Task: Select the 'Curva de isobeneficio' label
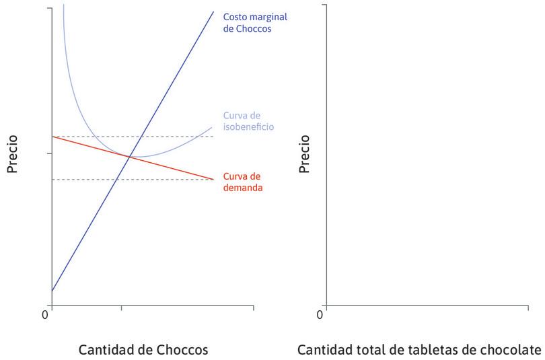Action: tap(248, 120)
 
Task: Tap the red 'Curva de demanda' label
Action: tap(243, 182)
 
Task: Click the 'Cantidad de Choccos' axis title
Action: tap(143, 350)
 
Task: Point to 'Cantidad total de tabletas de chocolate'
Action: tap(419, 350)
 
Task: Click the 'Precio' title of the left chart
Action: tap(12, 154)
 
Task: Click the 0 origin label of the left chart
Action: tap(45, 314)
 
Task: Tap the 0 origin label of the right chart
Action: tap(320, 314)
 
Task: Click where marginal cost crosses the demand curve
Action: tap(129, 156)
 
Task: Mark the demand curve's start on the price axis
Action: tap(52, 137)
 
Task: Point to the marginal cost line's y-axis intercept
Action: tap(52, 291)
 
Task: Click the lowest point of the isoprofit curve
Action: tap(138, 157)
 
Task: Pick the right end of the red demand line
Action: tap(213, 179)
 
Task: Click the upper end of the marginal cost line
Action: tap(213, 12)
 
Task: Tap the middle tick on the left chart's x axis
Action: tap(121, 308)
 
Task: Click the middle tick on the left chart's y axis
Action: tap(49, 153)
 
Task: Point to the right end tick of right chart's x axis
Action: tap(528, 308)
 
